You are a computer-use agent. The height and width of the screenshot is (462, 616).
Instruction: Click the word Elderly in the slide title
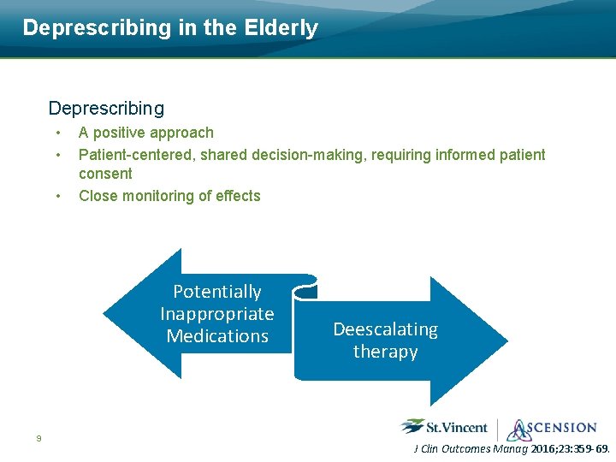(281, 28)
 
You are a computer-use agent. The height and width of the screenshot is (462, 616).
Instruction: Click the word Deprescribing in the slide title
(97, 28)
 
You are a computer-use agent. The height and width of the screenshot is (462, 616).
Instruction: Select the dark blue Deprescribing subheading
(106, 109)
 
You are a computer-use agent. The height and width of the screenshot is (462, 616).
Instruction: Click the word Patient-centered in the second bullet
(137, 155)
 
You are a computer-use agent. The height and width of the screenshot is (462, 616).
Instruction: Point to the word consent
(105, 174)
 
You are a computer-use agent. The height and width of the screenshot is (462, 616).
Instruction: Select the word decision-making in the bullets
(309, 155)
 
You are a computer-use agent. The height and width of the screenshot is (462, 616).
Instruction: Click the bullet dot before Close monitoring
(58, 196)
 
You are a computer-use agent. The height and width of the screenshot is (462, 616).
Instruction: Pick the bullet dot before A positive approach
(58, 133)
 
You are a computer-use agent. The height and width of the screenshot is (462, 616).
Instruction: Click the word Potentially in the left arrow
(217, 293)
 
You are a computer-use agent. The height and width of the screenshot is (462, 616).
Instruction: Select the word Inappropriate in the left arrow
(217, 314)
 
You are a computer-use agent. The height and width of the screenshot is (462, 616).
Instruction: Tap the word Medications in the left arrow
(217, 336)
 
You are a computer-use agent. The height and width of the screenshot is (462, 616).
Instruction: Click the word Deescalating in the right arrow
(385, 330)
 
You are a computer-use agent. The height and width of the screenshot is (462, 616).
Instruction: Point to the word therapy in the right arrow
(385, 352)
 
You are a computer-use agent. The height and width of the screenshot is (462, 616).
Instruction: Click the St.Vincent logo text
(457, 428)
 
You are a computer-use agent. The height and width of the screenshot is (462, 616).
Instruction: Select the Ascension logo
(552, 429)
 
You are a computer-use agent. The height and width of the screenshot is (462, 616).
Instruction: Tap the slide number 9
(38, 438)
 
